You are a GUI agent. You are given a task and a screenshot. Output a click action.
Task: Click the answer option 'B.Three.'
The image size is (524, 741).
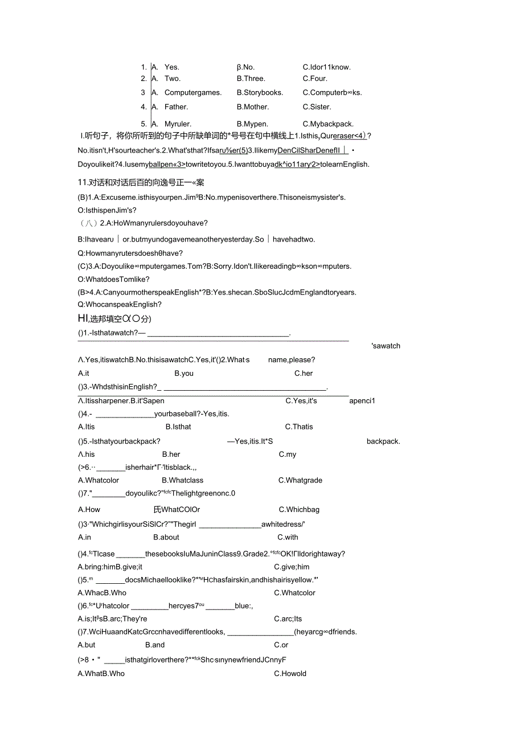click(251, 79)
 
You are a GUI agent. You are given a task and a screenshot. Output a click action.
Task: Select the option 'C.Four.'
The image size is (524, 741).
click(315, 79)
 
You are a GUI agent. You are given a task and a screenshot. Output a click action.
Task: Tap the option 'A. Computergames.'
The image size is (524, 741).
click(186, 92)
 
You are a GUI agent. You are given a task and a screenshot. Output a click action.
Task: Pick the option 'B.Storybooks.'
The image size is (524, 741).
click(260, 92)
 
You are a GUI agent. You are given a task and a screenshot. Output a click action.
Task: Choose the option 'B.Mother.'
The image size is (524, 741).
click(252, 107)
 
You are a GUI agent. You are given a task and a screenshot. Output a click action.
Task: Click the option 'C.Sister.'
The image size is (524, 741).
click(317, 107)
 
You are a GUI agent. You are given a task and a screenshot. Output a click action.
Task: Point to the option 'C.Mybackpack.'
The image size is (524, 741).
click(328, 124)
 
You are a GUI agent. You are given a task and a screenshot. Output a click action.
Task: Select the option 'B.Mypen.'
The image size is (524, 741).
click(252, 124)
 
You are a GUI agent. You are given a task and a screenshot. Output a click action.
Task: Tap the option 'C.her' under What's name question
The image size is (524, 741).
click(304, 373)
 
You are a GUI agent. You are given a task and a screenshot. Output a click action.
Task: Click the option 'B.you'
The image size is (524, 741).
click(184, 373)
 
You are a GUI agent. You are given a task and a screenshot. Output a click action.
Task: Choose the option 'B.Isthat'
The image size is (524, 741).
click(178, 427)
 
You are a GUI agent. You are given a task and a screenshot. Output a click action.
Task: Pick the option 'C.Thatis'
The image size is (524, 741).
click(299, 427)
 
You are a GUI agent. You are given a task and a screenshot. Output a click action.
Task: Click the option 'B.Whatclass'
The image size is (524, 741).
click(182, 480)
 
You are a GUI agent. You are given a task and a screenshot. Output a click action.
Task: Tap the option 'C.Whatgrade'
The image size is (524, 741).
click(300, 480)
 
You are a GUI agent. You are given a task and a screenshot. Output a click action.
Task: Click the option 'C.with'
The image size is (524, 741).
click(288, 537)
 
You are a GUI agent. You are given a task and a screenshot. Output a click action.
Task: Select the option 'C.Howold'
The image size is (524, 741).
click(290, 673)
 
